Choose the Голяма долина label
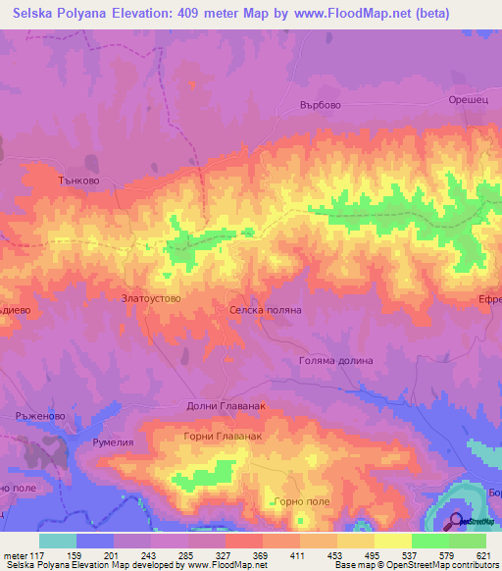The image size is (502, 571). (336, 360)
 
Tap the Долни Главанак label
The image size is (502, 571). (226, 406)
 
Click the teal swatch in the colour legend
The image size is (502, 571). (58, 540)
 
